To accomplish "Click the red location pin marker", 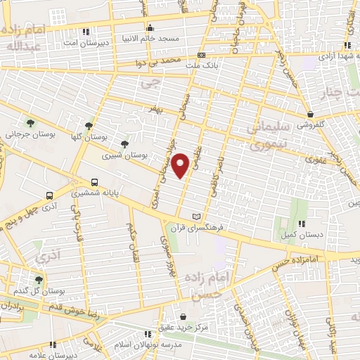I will point(181,165).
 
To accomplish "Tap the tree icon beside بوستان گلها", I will point(89,126).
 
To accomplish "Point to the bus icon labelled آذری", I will point(49,196).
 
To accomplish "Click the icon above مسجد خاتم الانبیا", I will point(149,29).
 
